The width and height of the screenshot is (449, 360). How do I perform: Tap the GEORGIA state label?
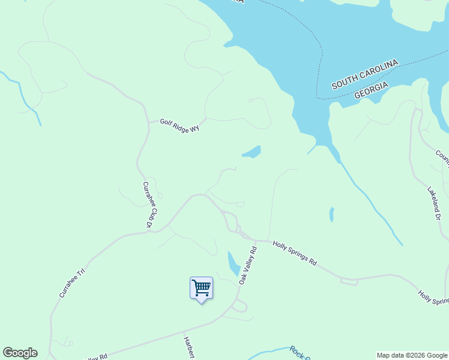[x=371, y=91]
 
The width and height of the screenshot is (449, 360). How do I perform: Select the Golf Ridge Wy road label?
[x=179, y=125]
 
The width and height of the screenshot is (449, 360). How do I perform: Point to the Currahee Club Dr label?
[x=149, y=204]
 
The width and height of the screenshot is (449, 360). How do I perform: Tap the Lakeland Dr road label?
[x=435, y=203]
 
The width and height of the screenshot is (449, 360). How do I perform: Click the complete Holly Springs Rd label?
[x=294, y=252]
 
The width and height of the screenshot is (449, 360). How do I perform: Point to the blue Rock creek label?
[x=300, y=353]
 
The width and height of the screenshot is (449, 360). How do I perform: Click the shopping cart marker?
[x=201, y=288]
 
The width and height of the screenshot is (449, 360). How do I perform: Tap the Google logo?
[x=20, y=353]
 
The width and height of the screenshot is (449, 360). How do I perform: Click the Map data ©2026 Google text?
[x=412, y=355]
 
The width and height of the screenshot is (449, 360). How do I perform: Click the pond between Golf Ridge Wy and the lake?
[x=253, y=152]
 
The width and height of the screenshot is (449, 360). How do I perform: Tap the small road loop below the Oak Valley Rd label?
[x=239, y=307]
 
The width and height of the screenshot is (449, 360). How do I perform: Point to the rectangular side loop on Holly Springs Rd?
[x=349, y=280]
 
